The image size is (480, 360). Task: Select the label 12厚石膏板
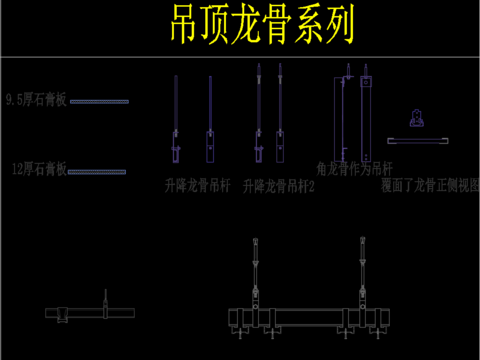click(x=39, y=171)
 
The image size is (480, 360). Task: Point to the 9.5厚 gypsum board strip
click(x=99, y=101)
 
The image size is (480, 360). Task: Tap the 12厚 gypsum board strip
click(x=97, y=172)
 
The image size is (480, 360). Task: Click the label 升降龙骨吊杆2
click(x=278, y=186)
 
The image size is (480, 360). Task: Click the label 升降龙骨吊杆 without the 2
click(x=197, y=186)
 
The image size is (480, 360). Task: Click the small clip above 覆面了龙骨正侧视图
click(x=413, y=118)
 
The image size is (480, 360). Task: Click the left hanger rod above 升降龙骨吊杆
click(x=176, y=115)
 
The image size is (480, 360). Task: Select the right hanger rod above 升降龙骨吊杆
click(x=210, y=115)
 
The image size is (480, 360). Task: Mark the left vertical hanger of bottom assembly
click(x=255, y=275)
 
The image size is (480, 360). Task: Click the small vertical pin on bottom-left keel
click(x=105, y=300)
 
